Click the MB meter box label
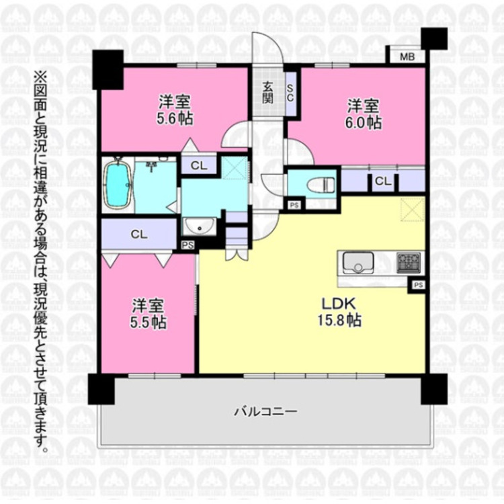point(407,56)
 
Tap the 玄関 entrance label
point(268,92)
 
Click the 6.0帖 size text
point(364,122)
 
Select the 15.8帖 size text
point(339,321)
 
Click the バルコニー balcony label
point(265,411)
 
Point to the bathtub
point(118,184)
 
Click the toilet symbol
point(319,183)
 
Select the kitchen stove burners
point(409,262)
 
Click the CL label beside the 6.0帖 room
point(383,180)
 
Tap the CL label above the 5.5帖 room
point(139,234)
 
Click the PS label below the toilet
point(294,205)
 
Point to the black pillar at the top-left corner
point(108,69)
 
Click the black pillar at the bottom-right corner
point(434,389)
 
